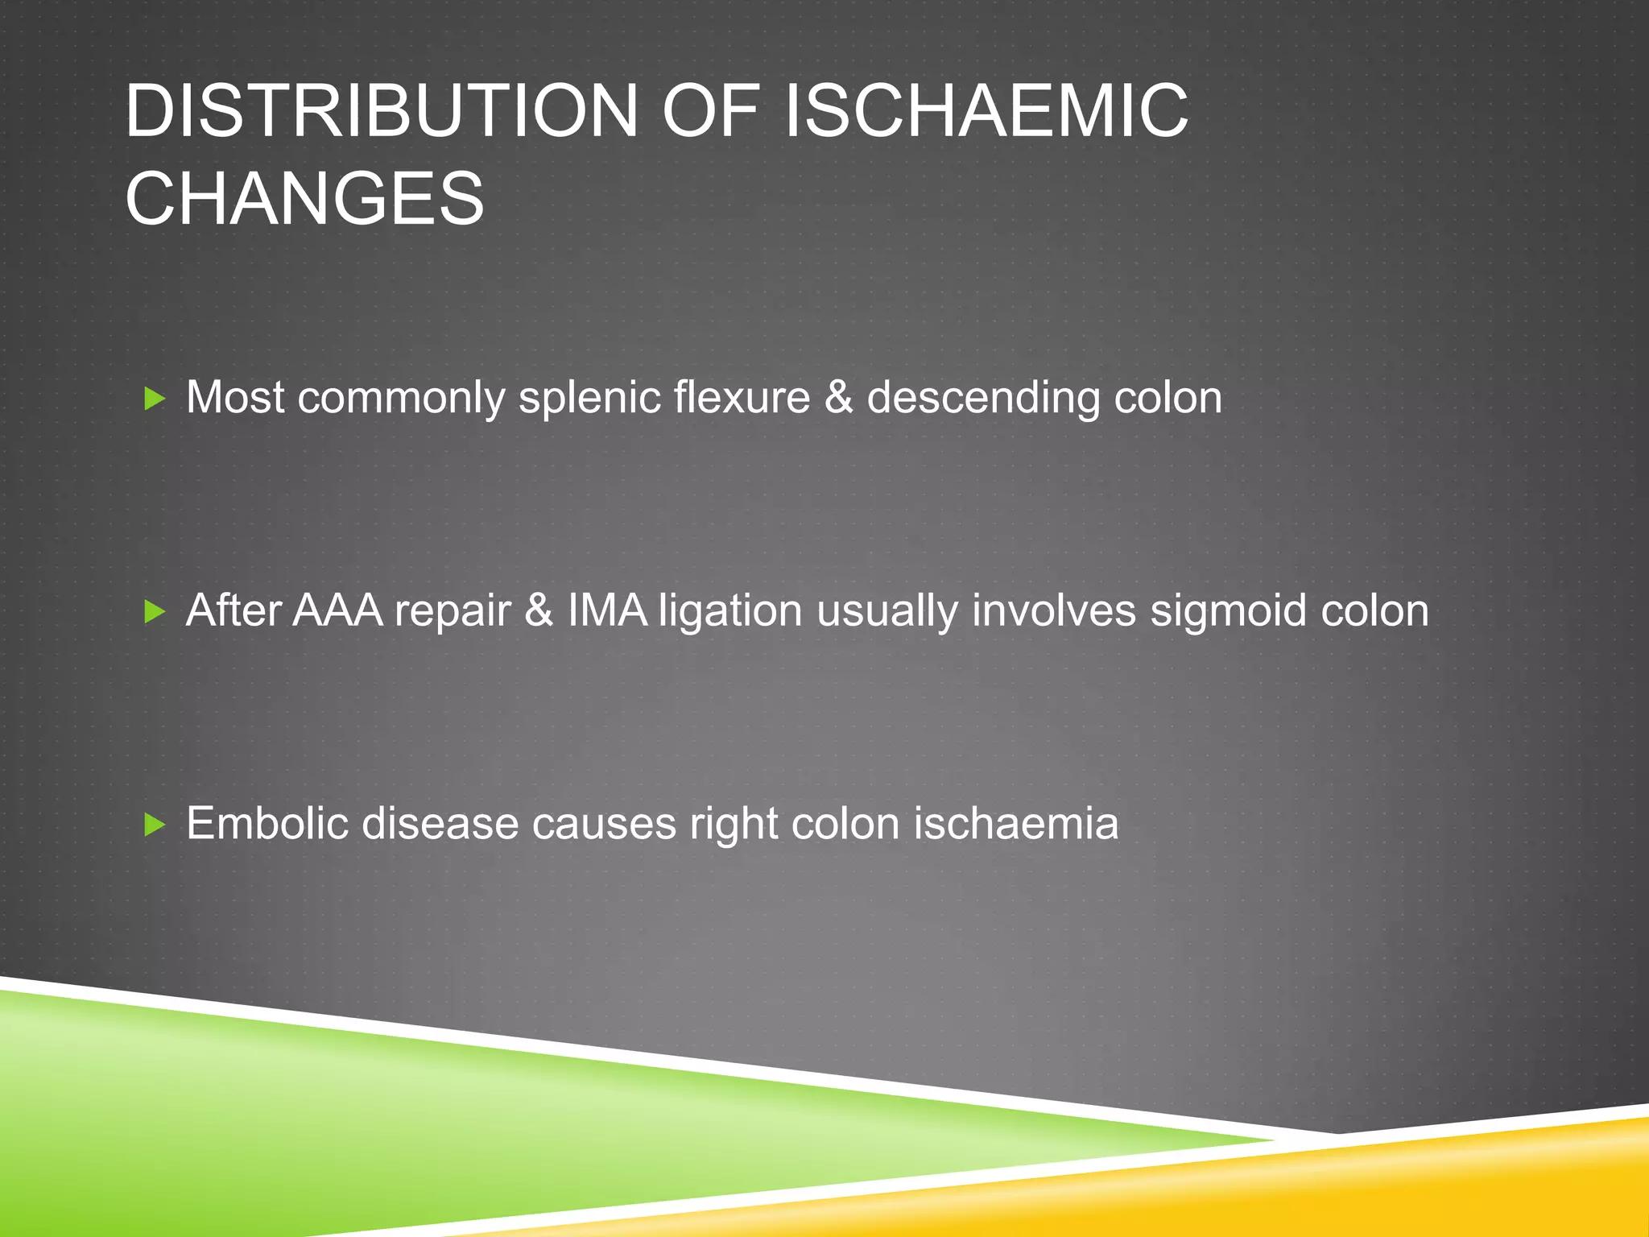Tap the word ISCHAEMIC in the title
(x=986, y=111)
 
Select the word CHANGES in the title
(x=304, y=199)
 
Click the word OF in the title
(x=709, y=111)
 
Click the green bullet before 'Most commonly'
(x=154, y=399)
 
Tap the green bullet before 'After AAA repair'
(x=154, y=612)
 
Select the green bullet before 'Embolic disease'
(x=154, y=825)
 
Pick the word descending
(x=982, y=398)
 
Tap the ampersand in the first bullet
(x=838, y=398)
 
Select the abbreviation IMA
(x=606, y=610)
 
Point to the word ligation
(x=730, y=612)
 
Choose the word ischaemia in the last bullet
(x=1016, y=824)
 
